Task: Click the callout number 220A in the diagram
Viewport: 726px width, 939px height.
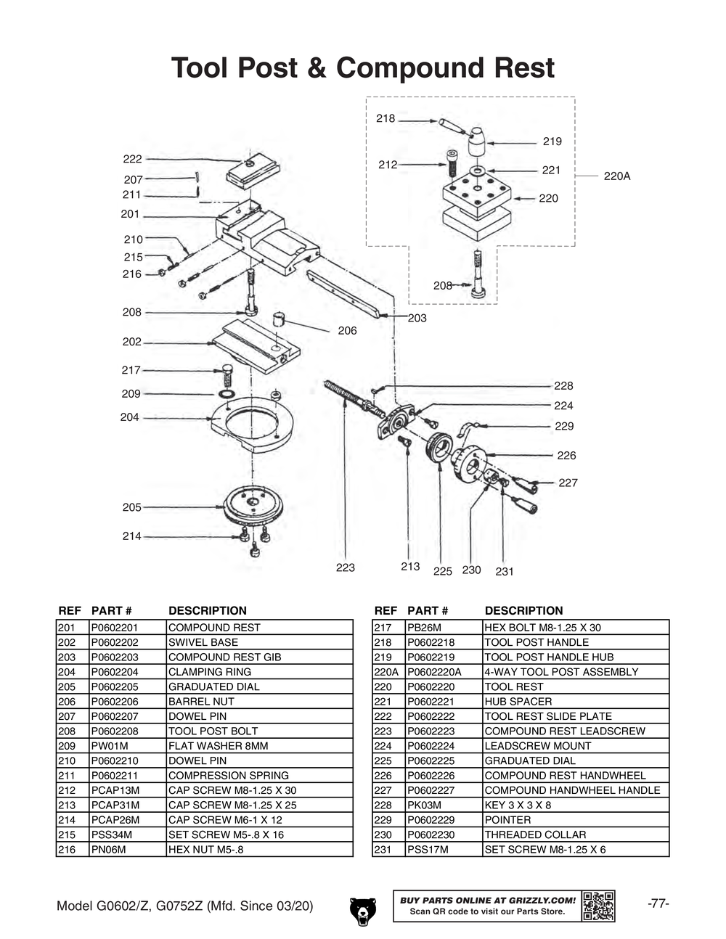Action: [617, 176]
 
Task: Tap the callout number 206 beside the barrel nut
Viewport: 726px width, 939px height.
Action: [347, 331]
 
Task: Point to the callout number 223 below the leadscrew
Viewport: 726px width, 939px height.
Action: [345, 567]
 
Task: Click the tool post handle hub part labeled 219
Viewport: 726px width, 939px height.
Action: [476, 142]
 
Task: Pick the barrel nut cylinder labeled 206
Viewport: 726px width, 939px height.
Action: [281, 319]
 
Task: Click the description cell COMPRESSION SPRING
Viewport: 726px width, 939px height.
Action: [229, 776]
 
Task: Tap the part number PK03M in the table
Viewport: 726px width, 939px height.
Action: [425, 805]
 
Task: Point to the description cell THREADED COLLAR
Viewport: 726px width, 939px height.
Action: [535, 835]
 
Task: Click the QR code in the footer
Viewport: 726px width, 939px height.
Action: [598, 906]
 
